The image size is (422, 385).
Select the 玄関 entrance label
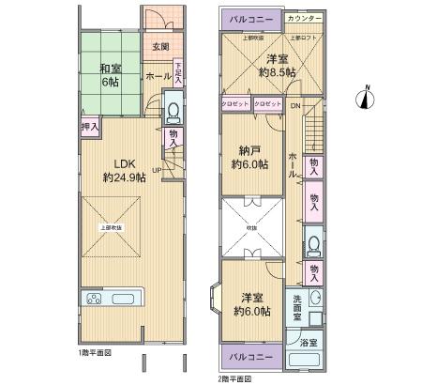tap(159, 47)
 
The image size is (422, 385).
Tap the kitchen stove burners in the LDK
tap(98, 300)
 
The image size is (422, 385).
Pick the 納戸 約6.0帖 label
tap(249, 156)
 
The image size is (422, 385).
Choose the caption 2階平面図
tap(236, 377)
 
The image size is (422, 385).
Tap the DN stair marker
tap(294, 105)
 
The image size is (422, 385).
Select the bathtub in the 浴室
tap(305, 362)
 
